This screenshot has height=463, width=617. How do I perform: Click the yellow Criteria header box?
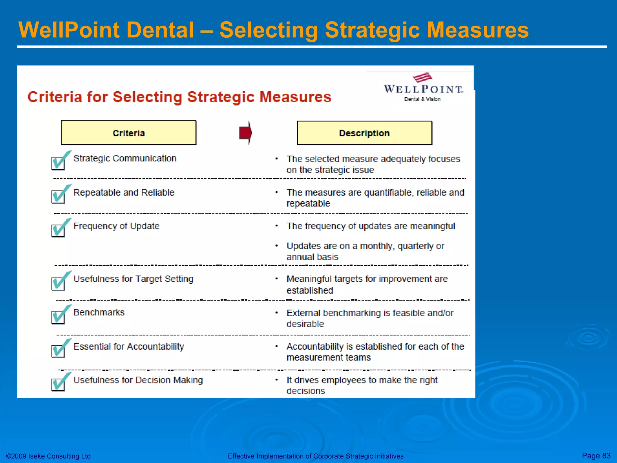129,133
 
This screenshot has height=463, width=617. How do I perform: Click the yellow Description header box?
364,133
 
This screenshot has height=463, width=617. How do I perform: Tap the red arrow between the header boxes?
246,133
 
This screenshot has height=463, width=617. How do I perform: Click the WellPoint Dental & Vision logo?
423,88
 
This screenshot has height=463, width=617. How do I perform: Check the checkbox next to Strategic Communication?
58,163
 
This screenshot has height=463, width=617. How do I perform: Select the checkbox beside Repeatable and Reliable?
58,197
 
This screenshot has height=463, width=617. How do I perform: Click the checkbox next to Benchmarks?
58,317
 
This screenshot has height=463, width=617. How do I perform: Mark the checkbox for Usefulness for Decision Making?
58,384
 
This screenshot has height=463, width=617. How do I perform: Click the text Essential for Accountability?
129,347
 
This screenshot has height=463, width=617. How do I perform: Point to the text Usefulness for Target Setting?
133,279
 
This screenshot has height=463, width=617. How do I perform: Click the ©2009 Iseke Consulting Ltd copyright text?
48,456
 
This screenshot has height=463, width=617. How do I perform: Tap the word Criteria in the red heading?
55,97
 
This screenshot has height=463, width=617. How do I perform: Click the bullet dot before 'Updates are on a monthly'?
276,246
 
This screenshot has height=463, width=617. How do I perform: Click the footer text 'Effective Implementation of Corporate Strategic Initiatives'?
315,456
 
